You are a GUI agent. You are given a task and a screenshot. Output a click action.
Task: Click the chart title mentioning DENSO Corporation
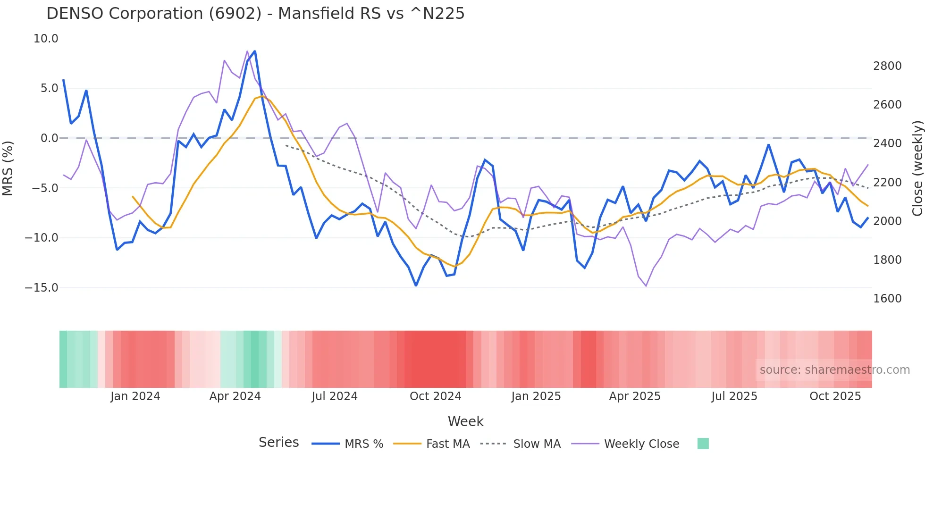(x=255, y=14)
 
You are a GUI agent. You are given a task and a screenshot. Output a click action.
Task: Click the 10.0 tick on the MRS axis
(x=46, y=39)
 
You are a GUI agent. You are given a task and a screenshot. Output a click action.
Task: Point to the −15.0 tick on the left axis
(x=42, y=287)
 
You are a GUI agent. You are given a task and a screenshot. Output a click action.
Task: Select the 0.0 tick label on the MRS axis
(x=49, y=138)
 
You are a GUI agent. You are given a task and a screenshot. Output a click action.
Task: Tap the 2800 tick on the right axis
(x=887, y=66)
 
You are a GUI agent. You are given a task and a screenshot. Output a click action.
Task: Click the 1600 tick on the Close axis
(x=887, y=298)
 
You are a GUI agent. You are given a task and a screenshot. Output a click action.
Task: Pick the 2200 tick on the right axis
(x=887, y=182)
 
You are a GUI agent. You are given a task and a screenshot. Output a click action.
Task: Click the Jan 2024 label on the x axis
(x=135, y=396)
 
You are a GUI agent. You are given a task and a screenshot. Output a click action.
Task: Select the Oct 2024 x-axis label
(x=435, y=396)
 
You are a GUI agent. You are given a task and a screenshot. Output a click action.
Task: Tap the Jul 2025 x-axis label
(x=734, y=396)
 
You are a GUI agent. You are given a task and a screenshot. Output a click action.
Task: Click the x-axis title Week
(x=465, y=421)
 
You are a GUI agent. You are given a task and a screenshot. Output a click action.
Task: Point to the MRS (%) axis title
(x=8, y=168)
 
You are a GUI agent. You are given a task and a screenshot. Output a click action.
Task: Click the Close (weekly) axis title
(x=917, y=168)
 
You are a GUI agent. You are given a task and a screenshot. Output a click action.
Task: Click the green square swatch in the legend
(x=703, y=444)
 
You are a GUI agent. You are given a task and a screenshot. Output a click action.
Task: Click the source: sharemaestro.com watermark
(x=834, y=370)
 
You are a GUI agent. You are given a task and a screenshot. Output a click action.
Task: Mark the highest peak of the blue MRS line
(x=255, y=51)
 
